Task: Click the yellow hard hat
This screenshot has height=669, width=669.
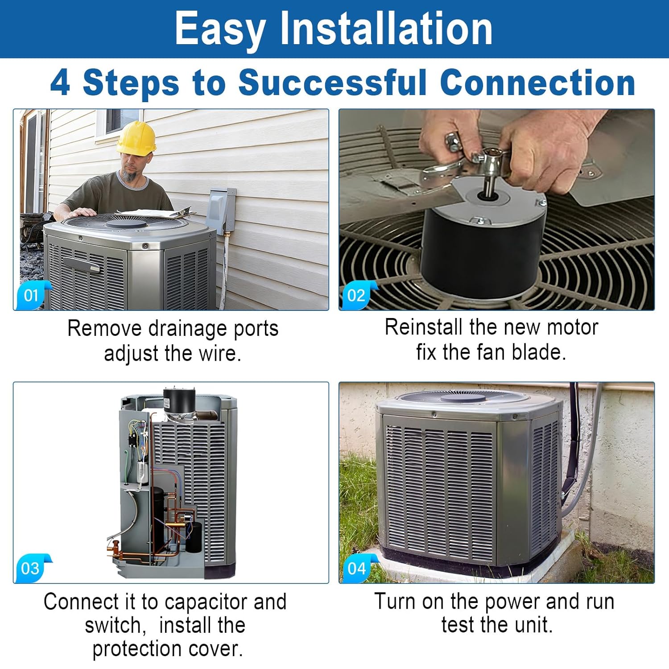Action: (x=136, y=139)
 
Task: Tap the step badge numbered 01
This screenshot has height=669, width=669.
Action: (x=31, y=295)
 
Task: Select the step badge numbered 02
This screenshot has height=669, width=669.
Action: (x=357, y=295)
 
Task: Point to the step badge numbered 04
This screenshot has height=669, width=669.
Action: (x=357, y=568)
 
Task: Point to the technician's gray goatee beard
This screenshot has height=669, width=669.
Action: (x=129, y=175)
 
